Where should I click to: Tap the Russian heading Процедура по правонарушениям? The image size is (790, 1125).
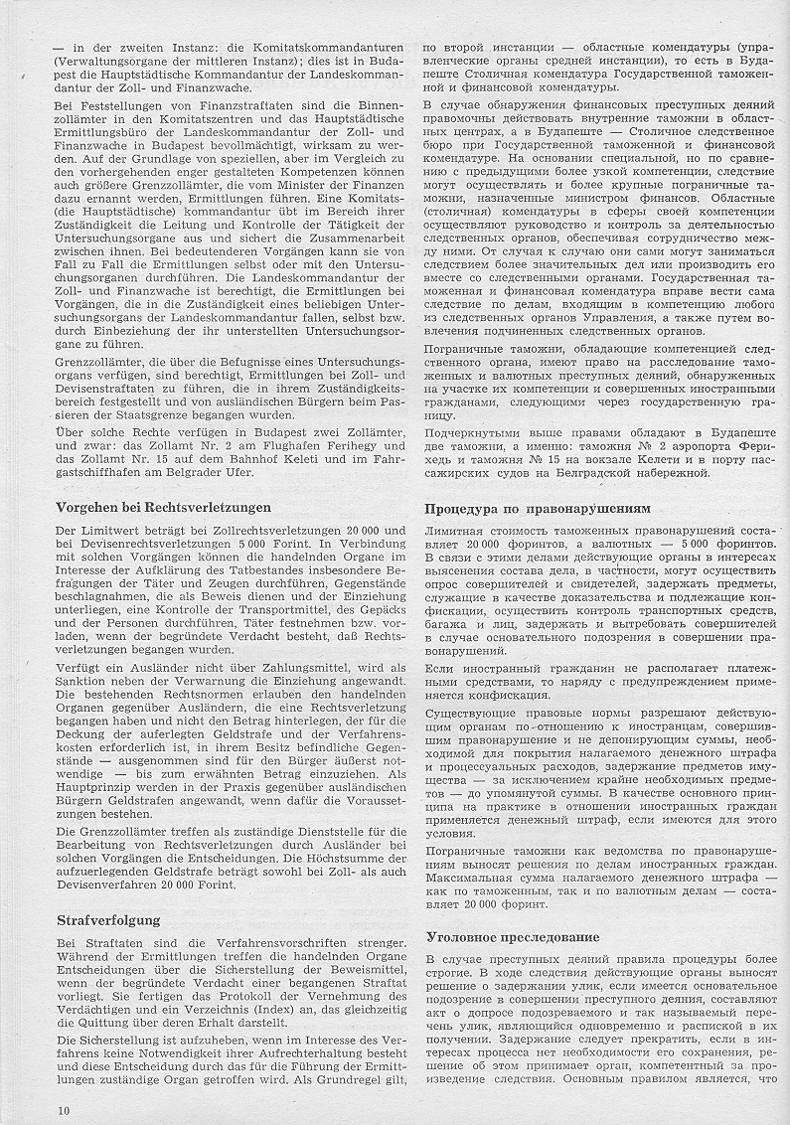pos(538,507)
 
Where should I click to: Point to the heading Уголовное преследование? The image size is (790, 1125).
pos(512,936)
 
